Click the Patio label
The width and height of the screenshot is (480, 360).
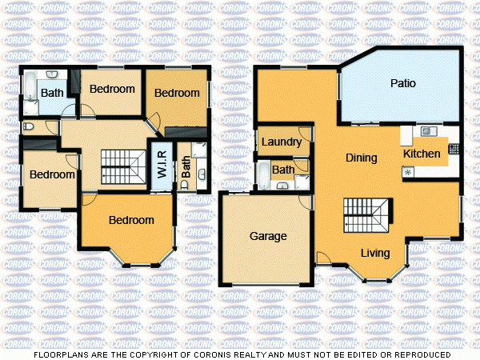[x=402, y=83]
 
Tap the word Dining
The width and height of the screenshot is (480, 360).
[x=361, y=158]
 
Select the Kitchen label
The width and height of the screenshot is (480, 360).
[x=421, y=154]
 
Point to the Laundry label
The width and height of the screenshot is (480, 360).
[x=282, y=142]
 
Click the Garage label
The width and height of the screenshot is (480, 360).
[x=268, y=236]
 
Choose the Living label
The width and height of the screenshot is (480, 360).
[x=374, y=254]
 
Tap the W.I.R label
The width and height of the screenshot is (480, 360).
[x=161, y=164]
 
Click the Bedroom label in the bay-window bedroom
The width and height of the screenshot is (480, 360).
[x=131, y=220]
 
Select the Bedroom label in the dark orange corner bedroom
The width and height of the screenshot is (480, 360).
[x=177, y=93]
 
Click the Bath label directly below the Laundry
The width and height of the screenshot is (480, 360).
[x=282, y=170]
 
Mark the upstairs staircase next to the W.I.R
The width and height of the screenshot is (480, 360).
[x=118, y=167]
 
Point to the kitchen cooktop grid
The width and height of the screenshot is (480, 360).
[x=453, y=148]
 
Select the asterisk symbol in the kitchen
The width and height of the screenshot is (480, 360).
[x=407, y=173]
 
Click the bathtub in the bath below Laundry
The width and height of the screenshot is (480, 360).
[x=263, y=174]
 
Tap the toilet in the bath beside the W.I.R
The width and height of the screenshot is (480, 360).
[x=185, y=184]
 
